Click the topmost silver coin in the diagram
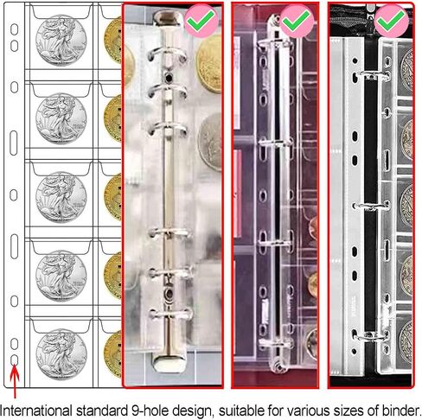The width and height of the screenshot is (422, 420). [x=61, y=40]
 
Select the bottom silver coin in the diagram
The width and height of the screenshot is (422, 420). [x=61, y=354]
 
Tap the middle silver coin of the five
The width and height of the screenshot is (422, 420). [x=61, y=197]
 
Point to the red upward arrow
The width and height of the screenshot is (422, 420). [x=15, y=381]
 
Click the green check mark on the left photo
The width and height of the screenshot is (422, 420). [x=201, y=20]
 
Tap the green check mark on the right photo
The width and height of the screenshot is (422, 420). [x=391, y=20]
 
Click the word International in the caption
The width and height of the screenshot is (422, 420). [x=36, y=410]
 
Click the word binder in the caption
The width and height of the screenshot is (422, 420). [x=401, y=410]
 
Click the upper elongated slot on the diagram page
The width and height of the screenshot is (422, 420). [x=14, y=143]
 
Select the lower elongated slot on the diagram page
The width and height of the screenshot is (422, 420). [x=14, y=246]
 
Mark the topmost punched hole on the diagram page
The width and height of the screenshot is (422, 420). [x=14, y=29]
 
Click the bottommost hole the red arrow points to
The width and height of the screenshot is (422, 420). [x=14, y=360]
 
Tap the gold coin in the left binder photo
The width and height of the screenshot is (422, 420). [x=209, y=63]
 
